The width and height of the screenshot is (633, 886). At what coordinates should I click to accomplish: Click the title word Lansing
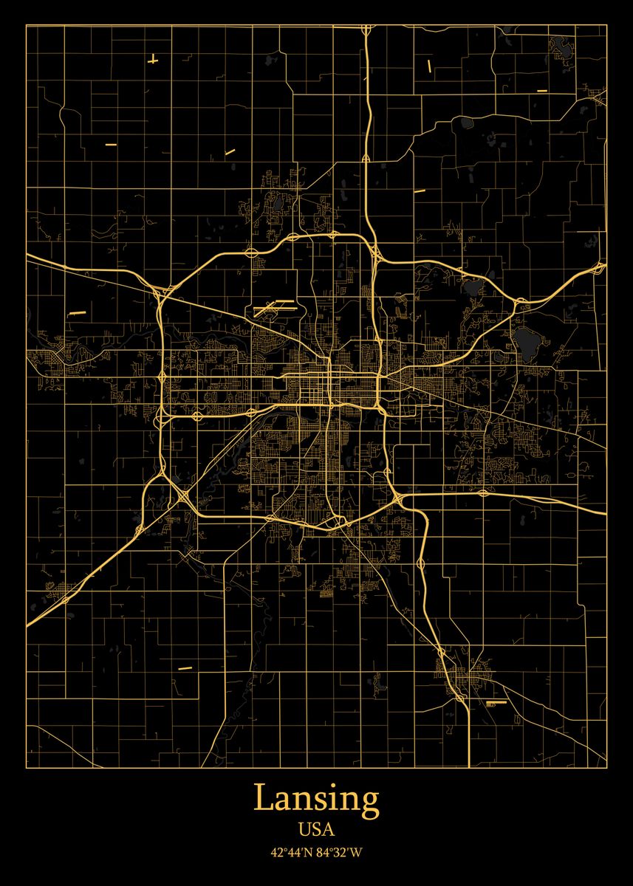coord(316,799)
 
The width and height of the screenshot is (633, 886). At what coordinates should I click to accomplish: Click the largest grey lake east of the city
coord(527,340)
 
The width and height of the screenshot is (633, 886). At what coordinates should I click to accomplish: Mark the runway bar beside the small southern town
coord(496,703)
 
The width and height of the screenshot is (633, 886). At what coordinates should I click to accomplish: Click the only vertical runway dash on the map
coord(429,66)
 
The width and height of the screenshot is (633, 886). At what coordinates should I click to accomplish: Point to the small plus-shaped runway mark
coord(153,60)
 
